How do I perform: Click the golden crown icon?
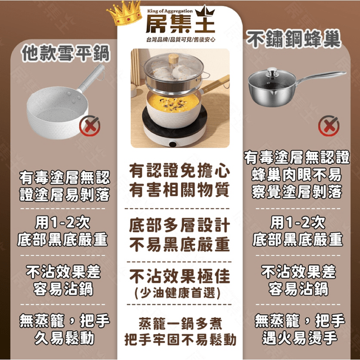125,13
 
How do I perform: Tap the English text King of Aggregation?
170,11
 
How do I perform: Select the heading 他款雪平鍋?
65,53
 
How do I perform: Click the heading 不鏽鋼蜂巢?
294,39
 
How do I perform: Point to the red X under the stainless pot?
328,125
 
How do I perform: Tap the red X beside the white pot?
90,125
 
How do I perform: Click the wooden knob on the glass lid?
173,59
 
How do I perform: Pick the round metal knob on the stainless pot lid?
272,72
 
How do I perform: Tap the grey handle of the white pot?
91,78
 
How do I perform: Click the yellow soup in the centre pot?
173,102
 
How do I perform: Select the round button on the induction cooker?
173,145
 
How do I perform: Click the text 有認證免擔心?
179,171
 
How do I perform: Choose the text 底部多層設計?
179,225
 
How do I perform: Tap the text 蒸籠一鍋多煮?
180,324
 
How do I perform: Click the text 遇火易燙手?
300,337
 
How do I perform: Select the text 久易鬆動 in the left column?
65,337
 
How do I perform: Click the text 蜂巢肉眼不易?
296,175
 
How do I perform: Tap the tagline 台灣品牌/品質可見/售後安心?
181,40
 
